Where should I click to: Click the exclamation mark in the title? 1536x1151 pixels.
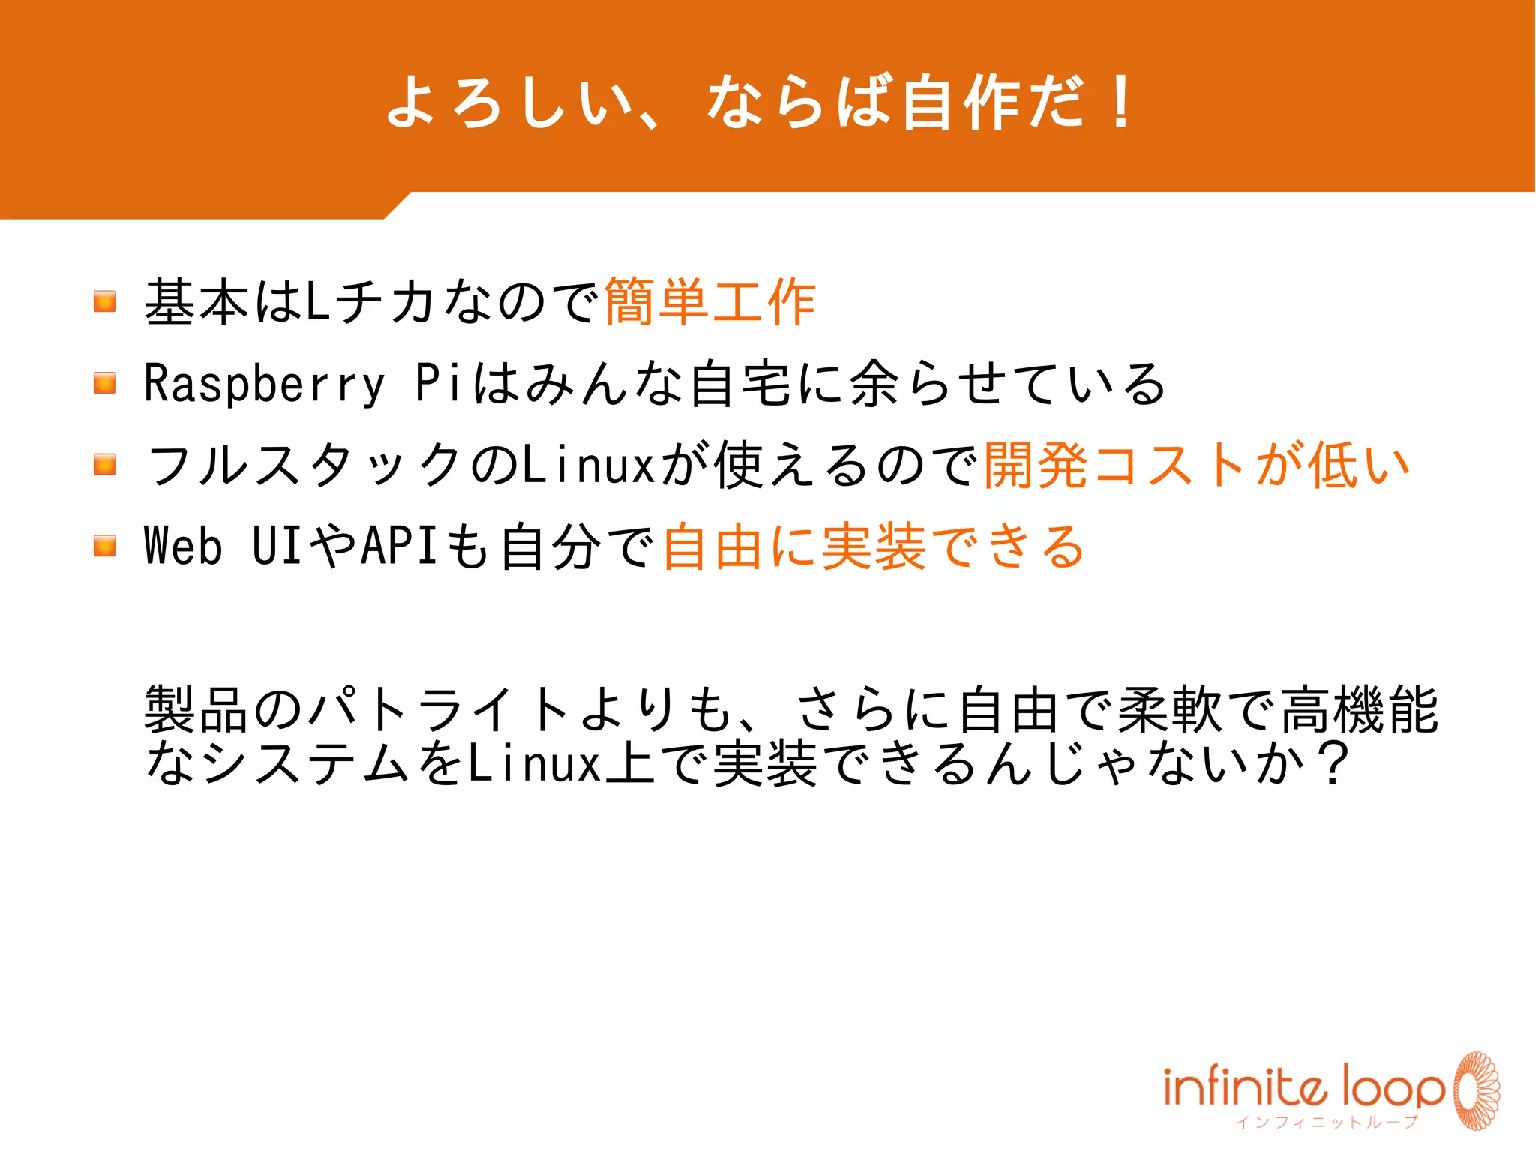pyautogui.click(x=1121, y=102)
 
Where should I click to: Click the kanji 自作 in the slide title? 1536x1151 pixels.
pyautogui.click(x=962, y=102)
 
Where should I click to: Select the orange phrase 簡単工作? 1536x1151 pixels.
pyautogui.click(x=709, y=302)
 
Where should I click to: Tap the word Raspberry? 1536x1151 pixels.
pyautogui.click(x=264, y=383)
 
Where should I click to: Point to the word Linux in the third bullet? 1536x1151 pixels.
pyautogui.click(x=589, y=465)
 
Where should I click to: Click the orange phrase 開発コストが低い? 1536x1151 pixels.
pyautogui.click(x=1197, y=465)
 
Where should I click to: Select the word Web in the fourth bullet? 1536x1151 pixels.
pyautogui.click(x=183, y=546)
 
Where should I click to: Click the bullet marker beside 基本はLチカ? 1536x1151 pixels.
pyautogui.click(x=105, y=301)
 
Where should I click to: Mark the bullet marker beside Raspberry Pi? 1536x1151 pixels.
pyautogui.click(x=105, y=383)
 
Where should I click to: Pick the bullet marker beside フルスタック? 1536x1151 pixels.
pyautogui.click(x=105, y=465)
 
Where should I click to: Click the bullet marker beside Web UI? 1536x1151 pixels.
pyautogui.click(x=105, y=546)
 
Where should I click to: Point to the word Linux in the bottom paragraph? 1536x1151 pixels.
pyautogui.click(x=534, y=763)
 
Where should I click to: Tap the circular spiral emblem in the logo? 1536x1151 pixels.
pyautogui.click(x=1476, y=1090)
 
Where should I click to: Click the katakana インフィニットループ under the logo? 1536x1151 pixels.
pyautogui.click(x=1327, y=1123)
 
